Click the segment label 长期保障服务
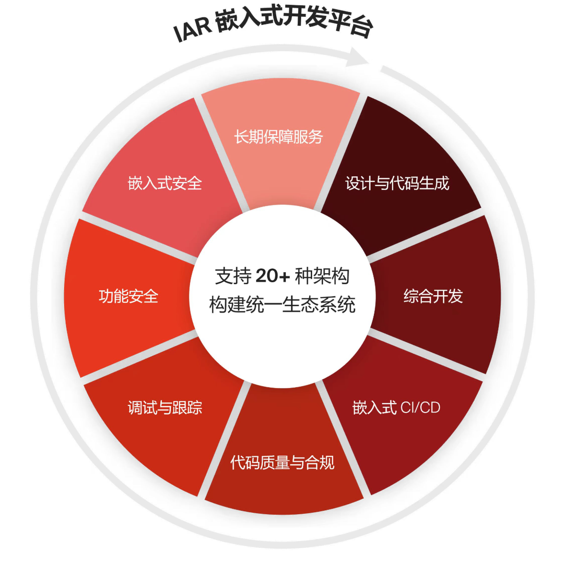tap(278, 137)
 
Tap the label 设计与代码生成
tap(397, 183)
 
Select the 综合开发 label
tap(433, 296)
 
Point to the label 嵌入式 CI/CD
tap(396, 407)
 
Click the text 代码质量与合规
tap(282, 462)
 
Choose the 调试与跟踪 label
tap(165, 407)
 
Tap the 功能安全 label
tap(128, 296)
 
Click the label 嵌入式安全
tap(165, 183)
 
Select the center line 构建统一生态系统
tap(282, 305)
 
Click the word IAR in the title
tap(192, 30)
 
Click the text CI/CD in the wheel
tap(420, 407)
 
